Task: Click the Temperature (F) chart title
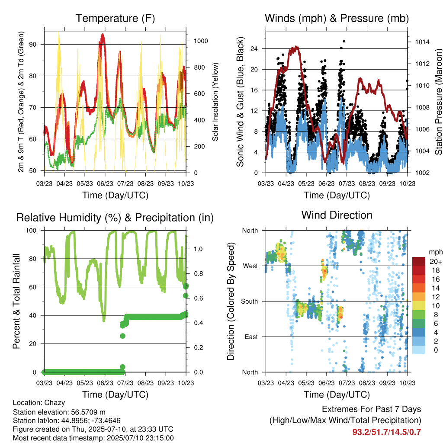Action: (115, 18)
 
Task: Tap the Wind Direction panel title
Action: (337, 215)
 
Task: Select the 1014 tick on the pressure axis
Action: (422, 42)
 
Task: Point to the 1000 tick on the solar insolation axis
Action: (201, 41)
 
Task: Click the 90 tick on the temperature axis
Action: (32, 45)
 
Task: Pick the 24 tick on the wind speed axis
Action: (254, 49)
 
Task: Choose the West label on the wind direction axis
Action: (250, 266)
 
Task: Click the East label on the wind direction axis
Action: (251, 337)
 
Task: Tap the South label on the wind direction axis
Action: (250, 302)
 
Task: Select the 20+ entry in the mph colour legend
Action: (436, 261)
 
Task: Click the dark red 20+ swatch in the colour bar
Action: (419, 261)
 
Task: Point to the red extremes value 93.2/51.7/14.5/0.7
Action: (387, 432)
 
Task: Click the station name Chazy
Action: (55, 403)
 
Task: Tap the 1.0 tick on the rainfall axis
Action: (198, 249)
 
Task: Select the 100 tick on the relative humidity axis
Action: (31, 231)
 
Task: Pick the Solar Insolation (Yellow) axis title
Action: (215, 102)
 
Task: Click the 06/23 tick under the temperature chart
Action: (105, 183)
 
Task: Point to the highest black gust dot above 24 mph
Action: (344, 42)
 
